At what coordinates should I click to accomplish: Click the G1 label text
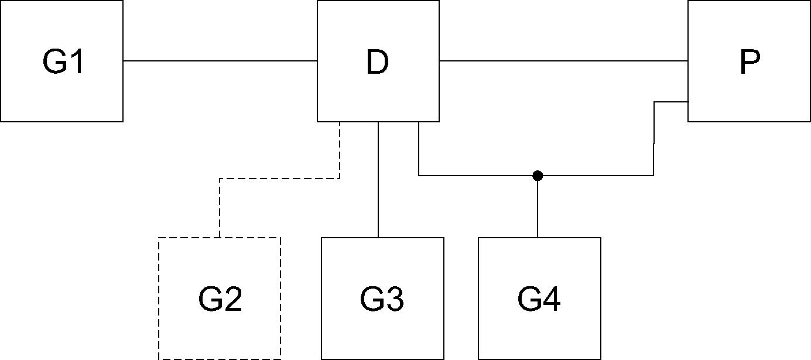coord(63,61)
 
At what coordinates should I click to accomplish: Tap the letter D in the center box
coord(377,62)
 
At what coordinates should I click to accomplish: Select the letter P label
coord(750,62)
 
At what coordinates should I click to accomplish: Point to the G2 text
coord(220,299)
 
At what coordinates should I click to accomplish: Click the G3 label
coord(382,299)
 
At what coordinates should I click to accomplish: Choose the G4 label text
coord(539,299)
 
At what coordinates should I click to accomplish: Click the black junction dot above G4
coord(538,176)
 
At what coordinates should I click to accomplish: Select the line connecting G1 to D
coord(220,61)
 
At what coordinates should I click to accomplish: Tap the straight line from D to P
coord(563,61)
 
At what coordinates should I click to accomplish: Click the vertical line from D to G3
coord(378,180)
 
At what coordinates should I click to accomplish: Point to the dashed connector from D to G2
coord(279,179)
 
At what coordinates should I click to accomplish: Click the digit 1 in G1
coord(78,61)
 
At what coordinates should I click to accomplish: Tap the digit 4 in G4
coord(552,299)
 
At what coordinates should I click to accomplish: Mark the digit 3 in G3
coord(394,299)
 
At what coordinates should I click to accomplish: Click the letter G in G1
coord(54,61)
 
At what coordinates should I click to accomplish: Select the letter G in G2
coord(210,299)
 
